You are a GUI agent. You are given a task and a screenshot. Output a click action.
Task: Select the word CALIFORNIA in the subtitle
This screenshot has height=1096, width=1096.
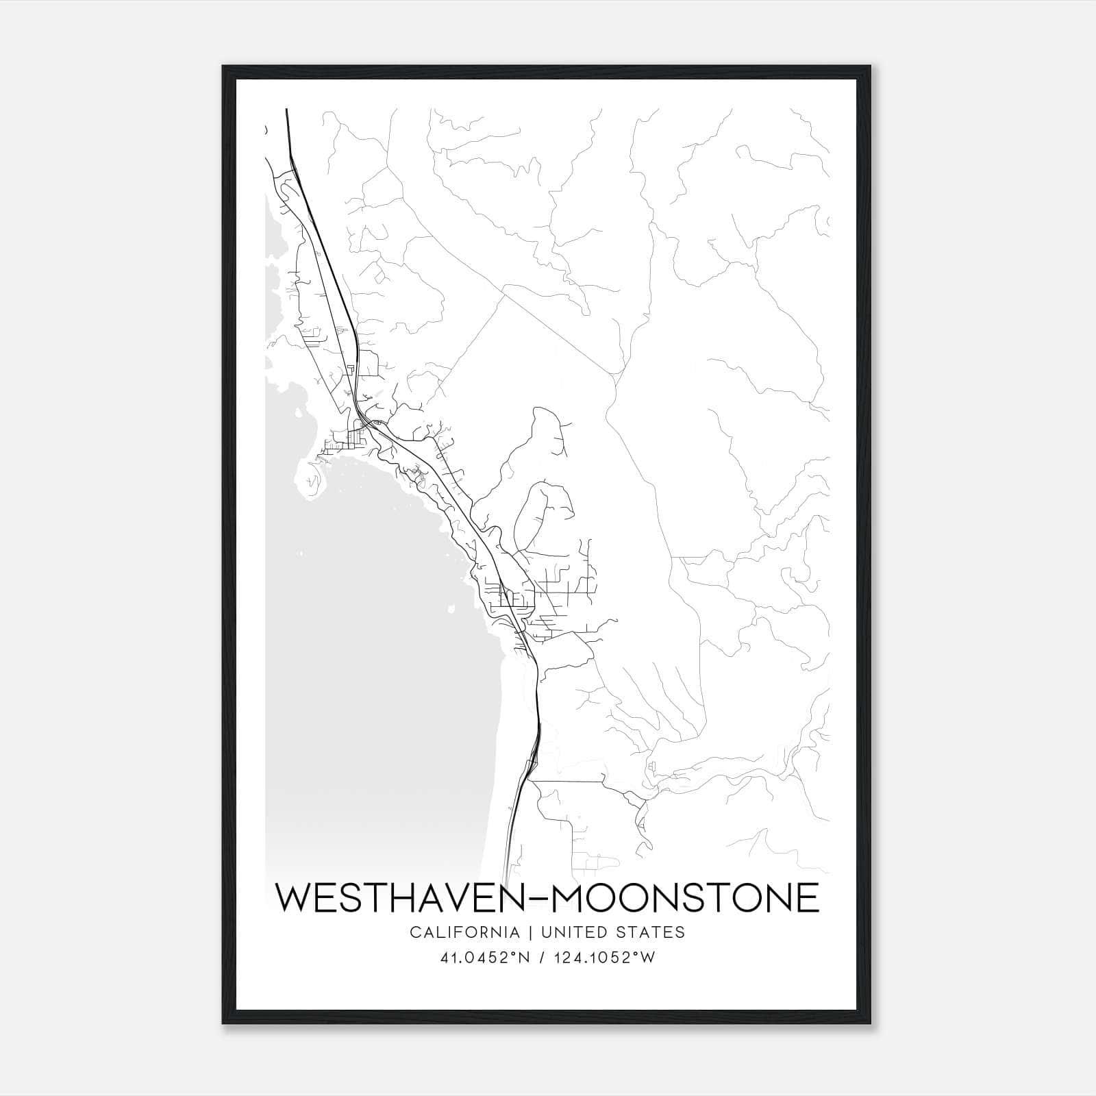(x=464, y=932)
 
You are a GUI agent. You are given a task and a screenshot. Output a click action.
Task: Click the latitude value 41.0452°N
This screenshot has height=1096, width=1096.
(x=486, y=958)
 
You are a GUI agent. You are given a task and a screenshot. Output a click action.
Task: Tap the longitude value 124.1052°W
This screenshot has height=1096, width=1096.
(x=606, y=958)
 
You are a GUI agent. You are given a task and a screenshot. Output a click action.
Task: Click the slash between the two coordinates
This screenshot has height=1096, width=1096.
(x=544, y=958)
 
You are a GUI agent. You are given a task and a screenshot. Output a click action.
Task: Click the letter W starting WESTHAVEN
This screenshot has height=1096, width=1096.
(x=293, y=898)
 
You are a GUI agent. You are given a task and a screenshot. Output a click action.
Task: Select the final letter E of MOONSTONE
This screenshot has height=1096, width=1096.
(x=807, y=898)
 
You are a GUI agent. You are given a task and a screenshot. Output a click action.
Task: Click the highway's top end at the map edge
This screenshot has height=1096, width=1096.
(x=286, y=111)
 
